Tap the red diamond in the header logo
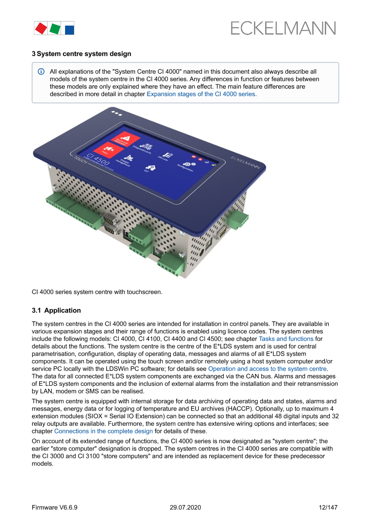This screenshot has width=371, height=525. tap(41, 28)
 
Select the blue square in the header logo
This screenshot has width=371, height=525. tap(69, 30)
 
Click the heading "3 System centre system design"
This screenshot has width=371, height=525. tap(82, 54)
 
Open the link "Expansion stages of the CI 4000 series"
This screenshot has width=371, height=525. tap(201, 94)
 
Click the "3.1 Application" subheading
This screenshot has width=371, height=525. tap(56, 310)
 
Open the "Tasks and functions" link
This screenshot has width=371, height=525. tap(286, 339)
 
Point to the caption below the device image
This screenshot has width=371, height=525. tap(97, 292)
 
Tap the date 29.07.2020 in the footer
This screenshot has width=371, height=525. tap(185, 507)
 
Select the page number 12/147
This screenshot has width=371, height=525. tap(328, 507)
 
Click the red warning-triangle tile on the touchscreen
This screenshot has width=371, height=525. tap(124, 139)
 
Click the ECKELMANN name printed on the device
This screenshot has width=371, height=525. tap(245, 162)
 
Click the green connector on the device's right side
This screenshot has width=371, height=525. tap(238, 219)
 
